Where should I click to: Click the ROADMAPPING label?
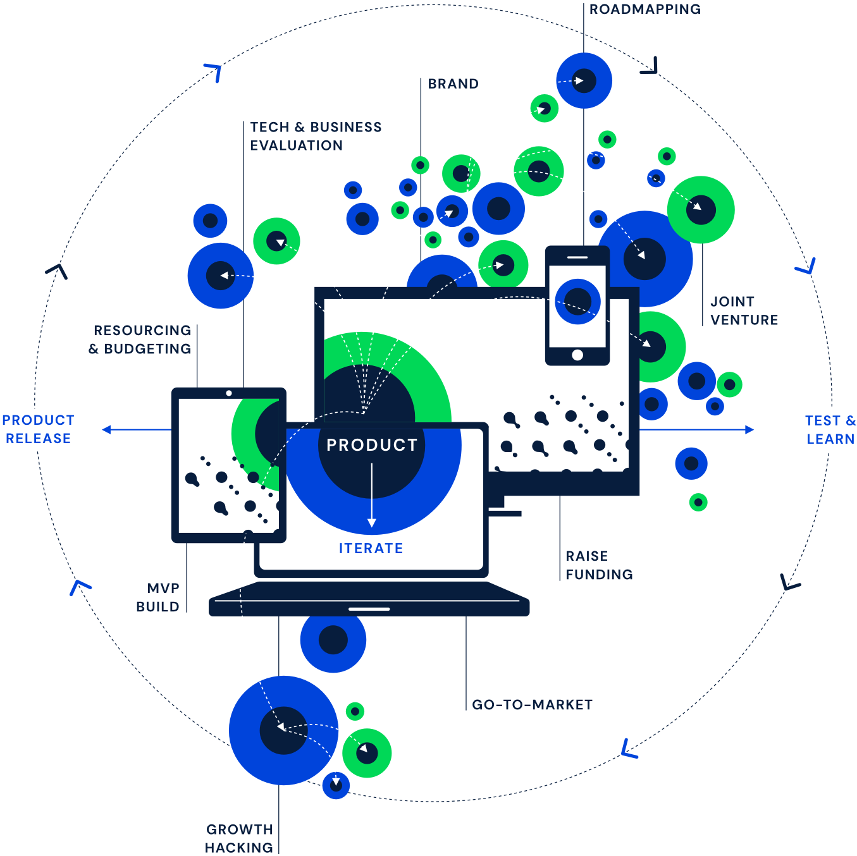644,9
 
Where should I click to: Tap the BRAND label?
453,83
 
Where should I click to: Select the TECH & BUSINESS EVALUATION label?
315,136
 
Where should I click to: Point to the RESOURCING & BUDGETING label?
141,339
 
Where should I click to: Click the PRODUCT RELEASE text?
38,429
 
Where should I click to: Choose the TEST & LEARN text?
830,429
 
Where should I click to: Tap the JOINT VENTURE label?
744,311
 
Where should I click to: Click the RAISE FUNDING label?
598,565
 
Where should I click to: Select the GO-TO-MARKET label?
533,705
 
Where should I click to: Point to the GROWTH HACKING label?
240,838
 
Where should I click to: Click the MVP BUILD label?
159,597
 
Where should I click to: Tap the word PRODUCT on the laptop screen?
372,445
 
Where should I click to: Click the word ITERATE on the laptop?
371,548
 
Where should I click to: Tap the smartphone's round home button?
577,355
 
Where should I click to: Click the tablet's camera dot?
229,393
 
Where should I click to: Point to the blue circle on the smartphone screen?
577,302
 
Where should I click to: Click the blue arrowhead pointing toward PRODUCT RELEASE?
107,430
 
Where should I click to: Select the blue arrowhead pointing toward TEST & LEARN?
749,430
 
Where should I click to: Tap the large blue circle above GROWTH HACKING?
283,730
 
